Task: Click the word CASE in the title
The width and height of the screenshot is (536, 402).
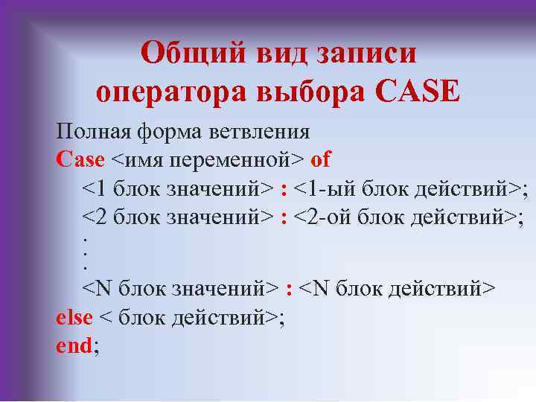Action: (x=417, y=91)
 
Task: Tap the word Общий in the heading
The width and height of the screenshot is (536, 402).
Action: (x=193, y=53)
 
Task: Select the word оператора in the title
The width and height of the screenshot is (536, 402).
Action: (x=171, y=93)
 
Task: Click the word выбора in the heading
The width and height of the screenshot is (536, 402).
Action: (x=310, y=92)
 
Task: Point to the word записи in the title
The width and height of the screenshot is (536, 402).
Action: (x=366, y=54)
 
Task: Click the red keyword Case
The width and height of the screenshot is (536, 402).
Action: (x=80, y=159)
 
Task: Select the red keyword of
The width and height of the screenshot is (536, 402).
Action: (x=320, y=159)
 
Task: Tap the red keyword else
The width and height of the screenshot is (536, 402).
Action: (x=74, y=317)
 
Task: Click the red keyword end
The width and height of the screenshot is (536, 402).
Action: (x=74, y=345)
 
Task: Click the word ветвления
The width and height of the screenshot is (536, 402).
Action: (x=259, y=132)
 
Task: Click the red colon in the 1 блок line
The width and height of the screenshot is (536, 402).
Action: (x=283, y=189)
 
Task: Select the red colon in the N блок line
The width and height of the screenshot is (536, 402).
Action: (x=289, y=290)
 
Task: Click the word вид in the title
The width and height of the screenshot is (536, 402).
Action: (x=281, y=54)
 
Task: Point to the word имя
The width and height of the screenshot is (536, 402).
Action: (x=144, y=160)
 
